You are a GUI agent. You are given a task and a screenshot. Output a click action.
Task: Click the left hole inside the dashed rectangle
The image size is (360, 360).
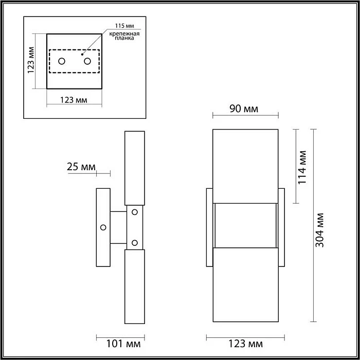(x=62, y=61)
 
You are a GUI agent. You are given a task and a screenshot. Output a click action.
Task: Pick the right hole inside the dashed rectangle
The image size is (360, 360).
(x=87, y=61)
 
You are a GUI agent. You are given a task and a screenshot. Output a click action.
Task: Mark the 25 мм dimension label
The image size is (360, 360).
(x=81, y=167)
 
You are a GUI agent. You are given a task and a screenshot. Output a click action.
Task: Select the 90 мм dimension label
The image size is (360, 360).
(x=244, y=109)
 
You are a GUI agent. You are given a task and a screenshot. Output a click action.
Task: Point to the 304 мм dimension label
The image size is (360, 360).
(x=319, y=230)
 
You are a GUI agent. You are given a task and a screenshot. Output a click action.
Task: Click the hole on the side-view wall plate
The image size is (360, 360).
(x=103, y=227)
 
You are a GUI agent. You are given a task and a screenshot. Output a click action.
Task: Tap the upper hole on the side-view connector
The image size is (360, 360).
(x=135, y=211)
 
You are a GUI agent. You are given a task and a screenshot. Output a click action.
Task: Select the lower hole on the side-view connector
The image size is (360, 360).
(x=135, y=242)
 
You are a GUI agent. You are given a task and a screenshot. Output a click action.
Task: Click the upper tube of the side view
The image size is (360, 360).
(x=135, y=168)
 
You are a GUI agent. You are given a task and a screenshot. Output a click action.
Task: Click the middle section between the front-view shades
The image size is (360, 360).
(x=246, y=226)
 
